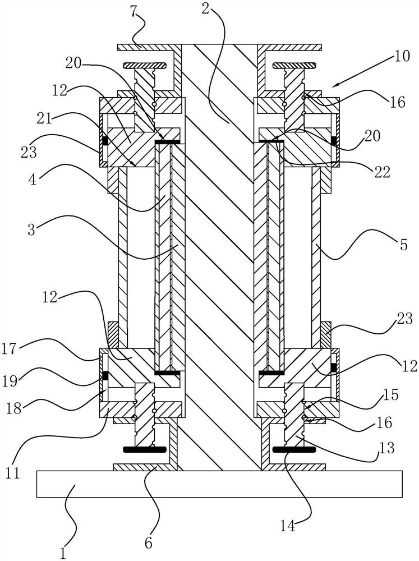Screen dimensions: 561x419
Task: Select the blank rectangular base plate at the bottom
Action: pos(219,484)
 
